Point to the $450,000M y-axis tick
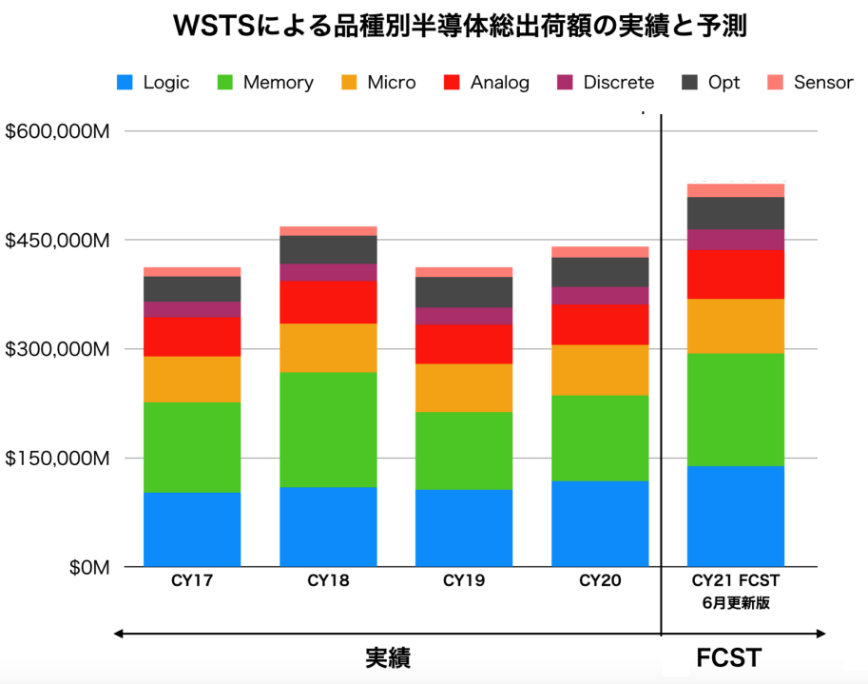pyautogui.click(x=57, y=240)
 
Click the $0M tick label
pyautogui.click(x=89, y=568)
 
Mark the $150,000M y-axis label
pyautogui.click(x=57, y=459)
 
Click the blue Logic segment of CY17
pyautogui.click(x=192, y=529)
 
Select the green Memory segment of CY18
pyautogui.click(x=328, y=429)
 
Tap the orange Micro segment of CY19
pyautogui.click(x=464, y=387)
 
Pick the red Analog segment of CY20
pyautogui.click(x=600, y=324)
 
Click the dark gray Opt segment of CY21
pyautogui.click(x=736, y=213)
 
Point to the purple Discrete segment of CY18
pyautogui.click(x=328, y=272)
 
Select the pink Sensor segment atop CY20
pyautogui.click(x=600, y=252)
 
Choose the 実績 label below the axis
pyautogui.click(x=388, y=658)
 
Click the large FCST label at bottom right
pyautogui.click(x=729, y=658)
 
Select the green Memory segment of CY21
pyautogui.click(x=736, y=409)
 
